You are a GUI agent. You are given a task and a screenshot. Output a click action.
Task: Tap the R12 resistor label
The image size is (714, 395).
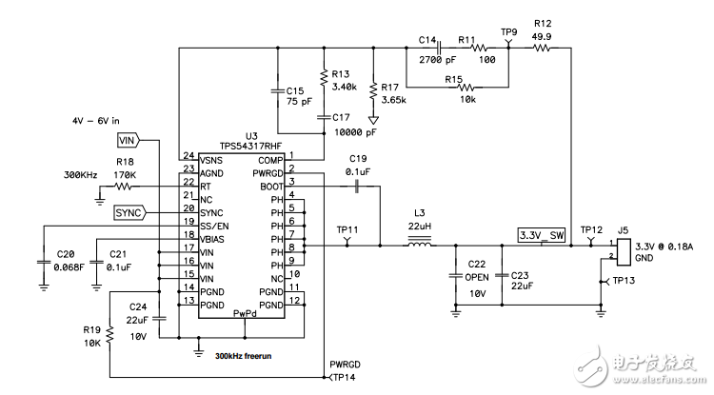tap(543, 23)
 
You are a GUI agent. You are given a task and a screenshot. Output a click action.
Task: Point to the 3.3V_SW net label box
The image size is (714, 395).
tap(541, 234)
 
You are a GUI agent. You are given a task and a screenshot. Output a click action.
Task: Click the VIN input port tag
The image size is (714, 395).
tap(128, 140)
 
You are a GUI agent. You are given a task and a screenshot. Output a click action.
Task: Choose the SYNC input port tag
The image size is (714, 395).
tap(129, 211)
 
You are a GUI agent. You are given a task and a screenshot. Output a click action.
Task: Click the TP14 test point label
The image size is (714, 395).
tap(344, 377)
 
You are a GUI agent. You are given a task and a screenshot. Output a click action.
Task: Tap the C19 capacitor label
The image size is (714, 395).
tap(358, 158)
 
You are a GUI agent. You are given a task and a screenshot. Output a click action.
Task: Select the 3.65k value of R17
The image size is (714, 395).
tap(393, 99)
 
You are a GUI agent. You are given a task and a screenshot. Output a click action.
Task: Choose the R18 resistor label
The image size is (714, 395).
tap(126, 163)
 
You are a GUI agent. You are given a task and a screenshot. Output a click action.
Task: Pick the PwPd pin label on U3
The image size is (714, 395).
tap(246, 312)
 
